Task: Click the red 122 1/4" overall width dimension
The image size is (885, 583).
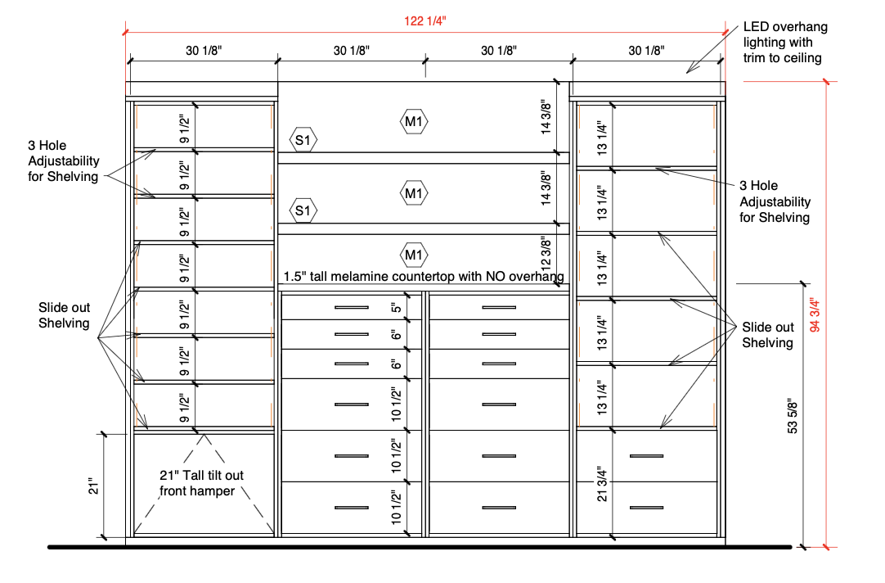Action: pos(425,21)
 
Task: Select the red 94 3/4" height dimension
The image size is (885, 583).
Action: pos(815,314)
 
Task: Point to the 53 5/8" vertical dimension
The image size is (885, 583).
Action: pos(793,416)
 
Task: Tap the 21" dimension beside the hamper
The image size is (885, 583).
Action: pos(94,486)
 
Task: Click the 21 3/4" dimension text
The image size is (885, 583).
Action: pos(602,485)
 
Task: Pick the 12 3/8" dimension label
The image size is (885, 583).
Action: pos(546,254)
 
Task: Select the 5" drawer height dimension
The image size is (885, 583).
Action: pos(396,307)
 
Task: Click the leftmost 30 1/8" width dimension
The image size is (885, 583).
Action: pos(204,51)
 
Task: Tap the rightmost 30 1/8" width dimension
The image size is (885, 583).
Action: pos(646,51)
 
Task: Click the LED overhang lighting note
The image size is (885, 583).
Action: pos(785,43)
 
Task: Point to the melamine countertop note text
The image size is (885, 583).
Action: pos(424,276)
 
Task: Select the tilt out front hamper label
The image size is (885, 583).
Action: pos(201,483)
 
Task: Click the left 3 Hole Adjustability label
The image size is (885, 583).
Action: pos(64,161)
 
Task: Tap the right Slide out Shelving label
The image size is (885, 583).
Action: pos(767,335)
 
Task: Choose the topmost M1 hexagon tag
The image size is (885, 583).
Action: pos(414,121)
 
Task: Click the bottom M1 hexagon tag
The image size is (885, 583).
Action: pos(414,255)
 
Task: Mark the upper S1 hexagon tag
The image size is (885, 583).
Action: pos(303,139)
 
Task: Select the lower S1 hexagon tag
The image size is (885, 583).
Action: pos(303,210)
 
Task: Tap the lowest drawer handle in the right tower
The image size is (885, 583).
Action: pos(646,508)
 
